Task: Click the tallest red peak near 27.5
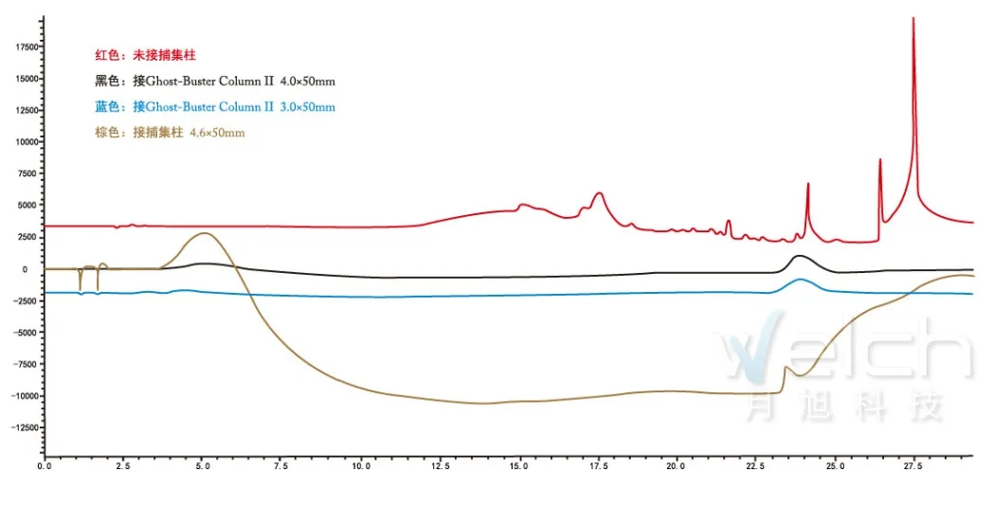point(913,20)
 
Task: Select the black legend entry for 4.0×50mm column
point(214,82)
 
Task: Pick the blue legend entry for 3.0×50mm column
point(214,107)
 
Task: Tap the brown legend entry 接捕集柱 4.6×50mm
point(170,133)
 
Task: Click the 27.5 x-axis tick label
point(913,466)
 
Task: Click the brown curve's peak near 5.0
point(204,233)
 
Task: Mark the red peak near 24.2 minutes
point(808,185)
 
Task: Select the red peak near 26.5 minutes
point(880,160)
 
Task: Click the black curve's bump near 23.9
point(800,256)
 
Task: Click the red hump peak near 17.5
point(599,193)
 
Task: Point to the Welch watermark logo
point(843,355)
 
